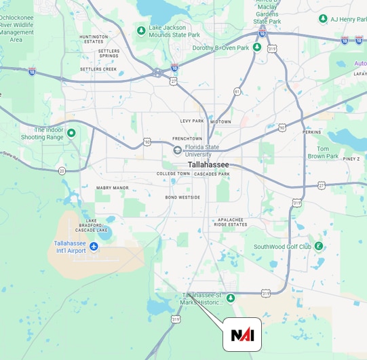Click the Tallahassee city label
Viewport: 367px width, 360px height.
click(x=208, y=165)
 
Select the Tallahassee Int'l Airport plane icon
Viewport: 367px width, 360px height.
click(x=94, y=245)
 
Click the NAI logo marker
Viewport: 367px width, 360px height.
click(x=242, y=335)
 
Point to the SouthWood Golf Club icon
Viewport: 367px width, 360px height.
click(x=317, y=246)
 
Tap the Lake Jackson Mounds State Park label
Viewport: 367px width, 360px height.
click(x=174, y=31)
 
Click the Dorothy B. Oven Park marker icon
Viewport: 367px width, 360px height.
click(x=257, y=47)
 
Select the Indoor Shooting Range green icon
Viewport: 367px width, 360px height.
click(x=71, y=133)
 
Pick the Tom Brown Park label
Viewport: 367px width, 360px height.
click(x=323, y=153)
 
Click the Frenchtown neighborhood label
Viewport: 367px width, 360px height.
click(x=187, y=138)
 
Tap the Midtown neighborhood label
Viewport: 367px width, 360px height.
click(x=220, y=122)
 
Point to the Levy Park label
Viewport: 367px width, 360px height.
click(x=192, y=121)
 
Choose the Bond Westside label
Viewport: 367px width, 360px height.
click(x=182, y=197)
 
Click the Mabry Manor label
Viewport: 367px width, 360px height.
click(x=112, y=188)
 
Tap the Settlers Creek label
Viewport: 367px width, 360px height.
click(x=98, y=69)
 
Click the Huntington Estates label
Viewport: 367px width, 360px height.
click(x=94, y=39)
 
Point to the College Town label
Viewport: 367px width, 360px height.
click(x=174, y=174)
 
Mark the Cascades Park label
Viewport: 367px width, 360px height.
click(x=212, y=174)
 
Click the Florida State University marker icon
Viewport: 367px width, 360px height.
click(x=177, y=150)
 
